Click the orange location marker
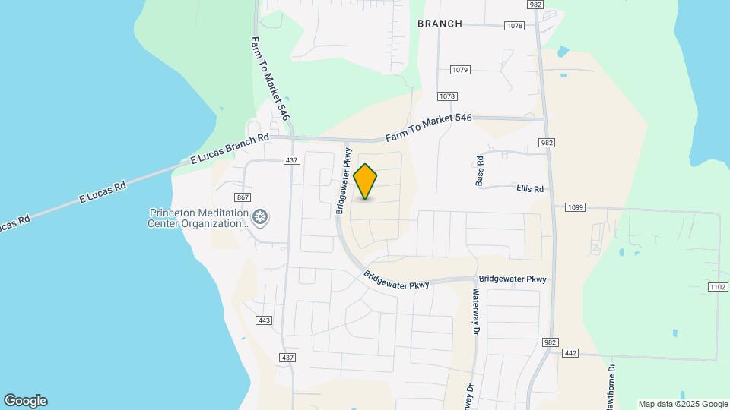coord(366,181)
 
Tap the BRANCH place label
coord(440,24)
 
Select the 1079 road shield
coord(460,70)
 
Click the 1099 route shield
coord(574,207)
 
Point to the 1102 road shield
coord(717,286)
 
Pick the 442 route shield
coord(570,352)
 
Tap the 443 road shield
coord(264,320)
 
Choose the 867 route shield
coord(243,197)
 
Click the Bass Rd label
coord(480,171)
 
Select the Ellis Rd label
coord(530,188)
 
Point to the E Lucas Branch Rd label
coord(229,150)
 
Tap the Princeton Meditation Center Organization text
coord(199,219)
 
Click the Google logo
coord(25,401)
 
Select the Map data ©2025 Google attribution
coord(683,404)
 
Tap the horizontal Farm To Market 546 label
coord(429,128)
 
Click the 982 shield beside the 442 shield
coord(550,343)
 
